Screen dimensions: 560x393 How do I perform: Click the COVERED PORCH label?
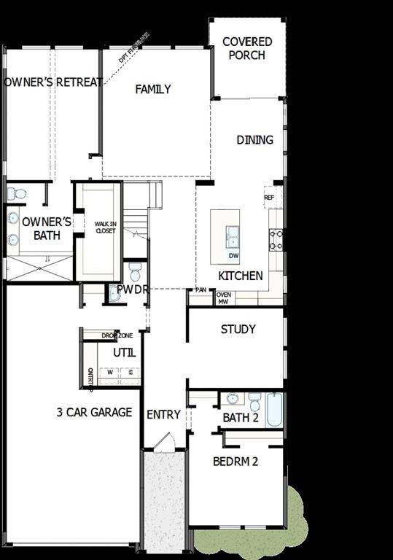[247, 48]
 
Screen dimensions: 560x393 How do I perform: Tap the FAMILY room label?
[153, 89]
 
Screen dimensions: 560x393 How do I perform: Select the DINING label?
[254, 139]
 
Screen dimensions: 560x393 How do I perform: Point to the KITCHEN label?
[241, 276]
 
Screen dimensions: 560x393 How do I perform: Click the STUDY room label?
[238, 329]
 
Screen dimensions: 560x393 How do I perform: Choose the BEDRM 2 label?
[236, 461]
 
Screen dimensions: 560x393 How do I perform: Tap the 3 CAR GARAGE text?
[94, 412]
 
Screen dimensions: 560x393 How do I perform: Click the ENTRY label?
[163, 414]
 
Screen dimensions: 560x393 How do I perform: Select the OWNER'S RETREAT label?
[53, 82]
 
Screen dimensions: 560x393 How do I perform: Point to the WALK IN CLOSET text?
[106, 226]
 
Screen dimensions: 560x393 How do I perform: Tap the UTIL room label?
[124, 352]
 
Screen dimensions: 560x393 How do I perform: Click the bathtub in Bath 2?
[273, 409]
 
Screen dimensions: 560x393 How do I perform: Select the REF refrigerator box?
[269, 198]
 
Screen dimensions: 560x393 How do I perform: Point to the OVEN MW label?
[224, 297]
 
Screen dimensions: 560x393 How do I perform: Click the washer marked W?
[110, 372]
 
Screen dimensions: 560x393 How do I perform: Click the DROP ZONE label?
[117, 335]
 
